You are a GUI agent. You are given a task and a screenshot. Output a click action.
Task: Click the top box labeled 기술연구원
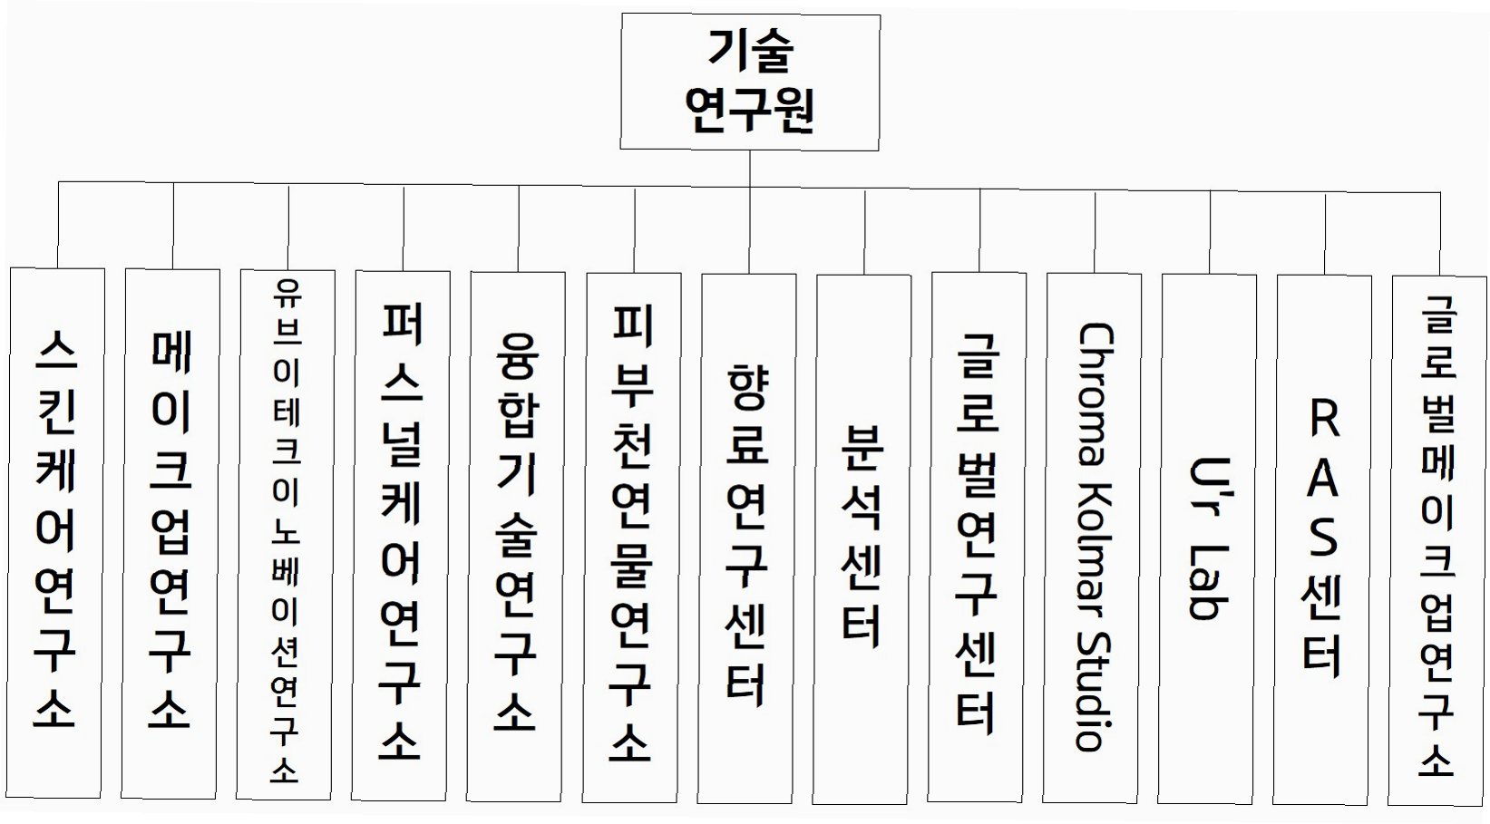coord(749,82)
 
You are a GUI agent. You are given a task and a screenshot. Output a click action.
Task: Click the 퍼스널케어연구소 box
coord(401,535)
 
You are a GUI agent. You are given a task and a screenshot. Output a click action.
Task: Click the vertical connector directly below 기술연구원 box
coord(750,169)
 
